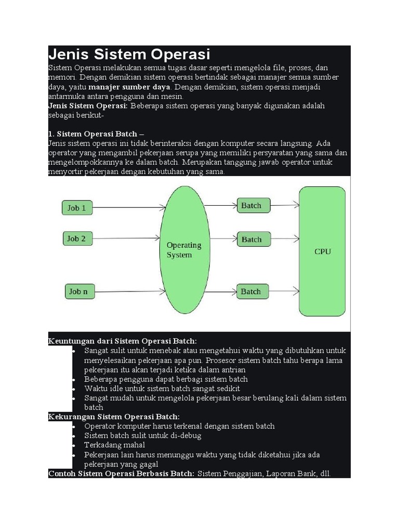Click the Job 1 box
click(x=77, y=208)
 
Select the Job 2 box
click(x=76, y=239)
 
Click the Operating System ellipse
click(x=184, y=250)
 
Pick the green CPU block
click(x=322, y=251)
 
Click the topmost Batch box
click(x=253, y=205)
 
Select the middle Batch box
click(x=253, y=240)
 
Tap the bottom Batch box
click(x=253, y=291)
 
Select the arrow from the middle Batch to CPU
click(x=285, y=240)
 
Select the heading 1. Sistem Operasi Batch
click(x=95, y=134)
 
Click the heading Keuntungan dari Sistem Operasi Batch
click(x=123, y=341)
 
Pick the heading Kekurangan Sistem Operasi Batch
click(x=114, y=417)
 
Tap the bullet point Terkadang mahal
click(x=115, y=445)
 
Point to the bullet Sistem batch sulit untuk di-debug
click(x=143, y=435)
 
